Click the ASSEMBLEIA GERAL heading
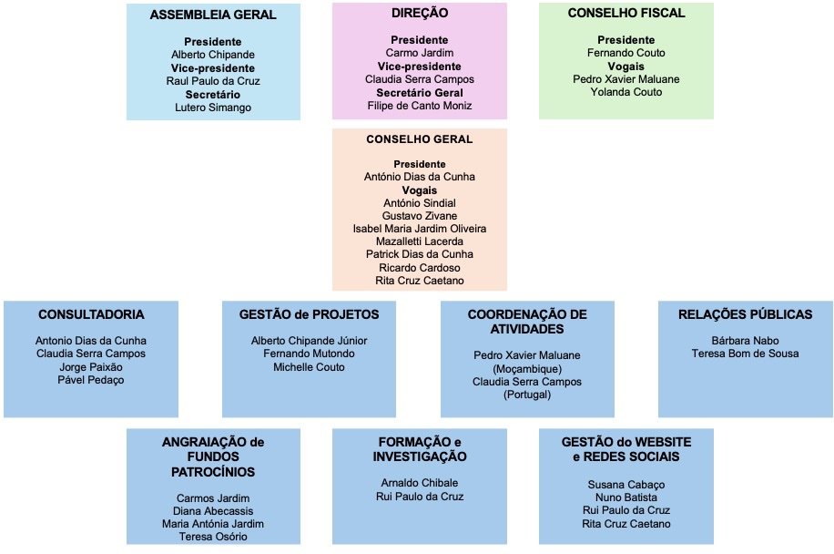[213, 15]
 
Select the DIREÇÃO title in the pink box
[419, 14]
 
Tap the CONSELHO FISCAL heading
[625, 14]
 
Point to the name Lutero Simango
[213, 108]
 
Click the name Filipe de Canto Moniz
[420, 106]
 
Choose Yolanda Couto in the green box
[625, 92]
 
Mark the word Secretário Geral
[420, 93]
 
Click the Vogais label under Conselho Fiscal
[625, 67]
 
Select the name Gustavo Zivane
[420, 215]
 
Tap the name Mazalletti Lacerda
[420, 241]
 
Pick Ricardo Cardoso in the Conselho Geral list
[420, 267]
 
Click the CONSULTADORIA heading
[91, 314]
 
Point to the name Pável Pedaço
[91, 380]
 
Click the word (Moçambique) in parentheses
[527, 368]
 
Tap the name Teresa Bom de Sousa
[745, 354]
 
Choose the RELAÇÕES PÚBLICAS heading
[745, 314]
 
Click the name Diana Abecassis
[213, 511]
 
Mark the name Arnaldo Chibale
[419, 483]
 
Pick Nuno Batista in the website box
[625, 498]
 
